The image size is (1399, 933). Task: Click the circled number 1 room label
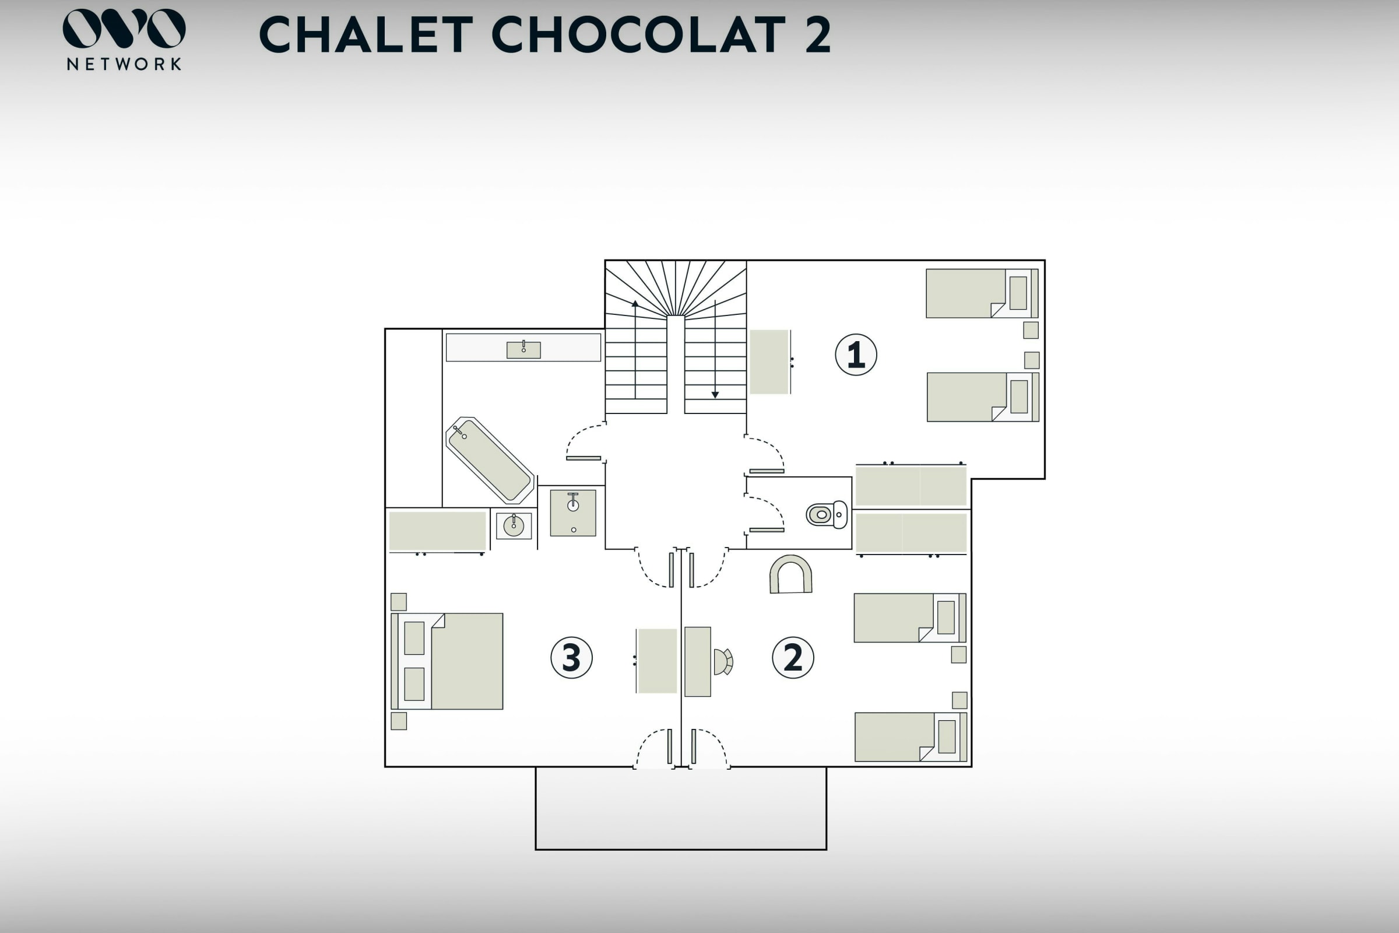point(856,355)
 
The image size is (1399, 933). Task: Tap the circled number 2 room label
point(793,658)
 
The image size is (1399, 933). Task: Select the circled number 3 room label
point(571,658)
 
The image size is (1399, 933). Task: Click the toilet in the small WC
point(827,515)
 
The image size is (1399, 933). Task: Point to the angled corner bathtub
point(490,460)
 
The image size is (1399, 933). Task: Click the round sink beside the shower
point(514,525)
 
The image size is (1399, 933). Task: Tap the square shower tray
point(573,513)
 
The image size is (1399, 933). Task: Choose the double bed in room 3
point(447,661)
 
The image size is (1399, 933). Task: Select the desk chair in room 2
point(723,662)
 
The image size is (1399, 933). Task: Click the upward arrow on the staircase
point(635,349)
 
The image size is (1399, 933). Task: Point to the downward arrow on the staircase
point(715,349)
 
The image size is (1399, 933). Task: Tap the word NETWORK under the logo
point(124,64)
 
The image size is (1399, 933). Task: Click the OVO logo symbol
point(124,28)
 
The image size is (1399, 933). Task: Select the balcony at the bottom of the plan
point(681,808)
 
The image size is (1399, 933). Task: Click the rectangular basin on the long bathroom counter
point(523,350)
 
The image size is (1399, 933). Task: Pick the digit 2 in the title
point(818,34)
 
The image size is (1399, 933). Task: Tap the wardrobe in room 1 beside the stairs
point(769,362)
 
